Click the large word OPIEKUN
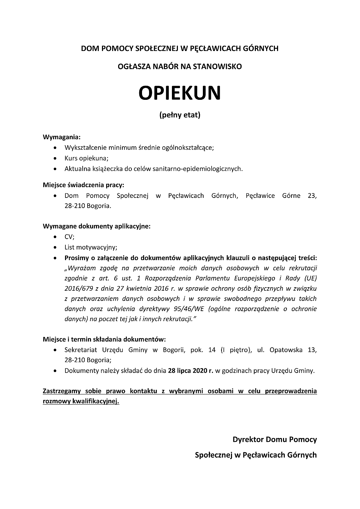179,92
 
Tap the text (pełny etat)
180,115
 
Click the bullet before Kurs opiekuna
56,158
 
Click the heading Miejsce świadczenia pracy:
83,185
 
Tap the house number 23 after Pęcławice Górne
312,195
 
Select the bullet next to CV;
56,237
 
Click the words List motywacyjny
90,247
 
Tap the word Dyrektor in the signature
248,439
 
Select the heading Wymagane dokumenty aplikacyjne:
96,226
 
